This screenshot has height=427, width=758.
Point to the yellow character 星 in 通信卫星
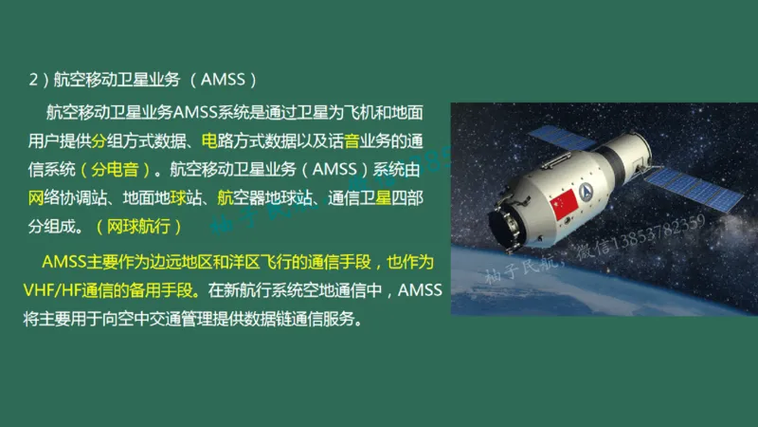pyautogui.click(x=383, y=199)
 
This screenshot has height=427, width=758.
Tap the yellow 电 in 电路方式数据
pyautogui.click(x=208, y=142)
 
